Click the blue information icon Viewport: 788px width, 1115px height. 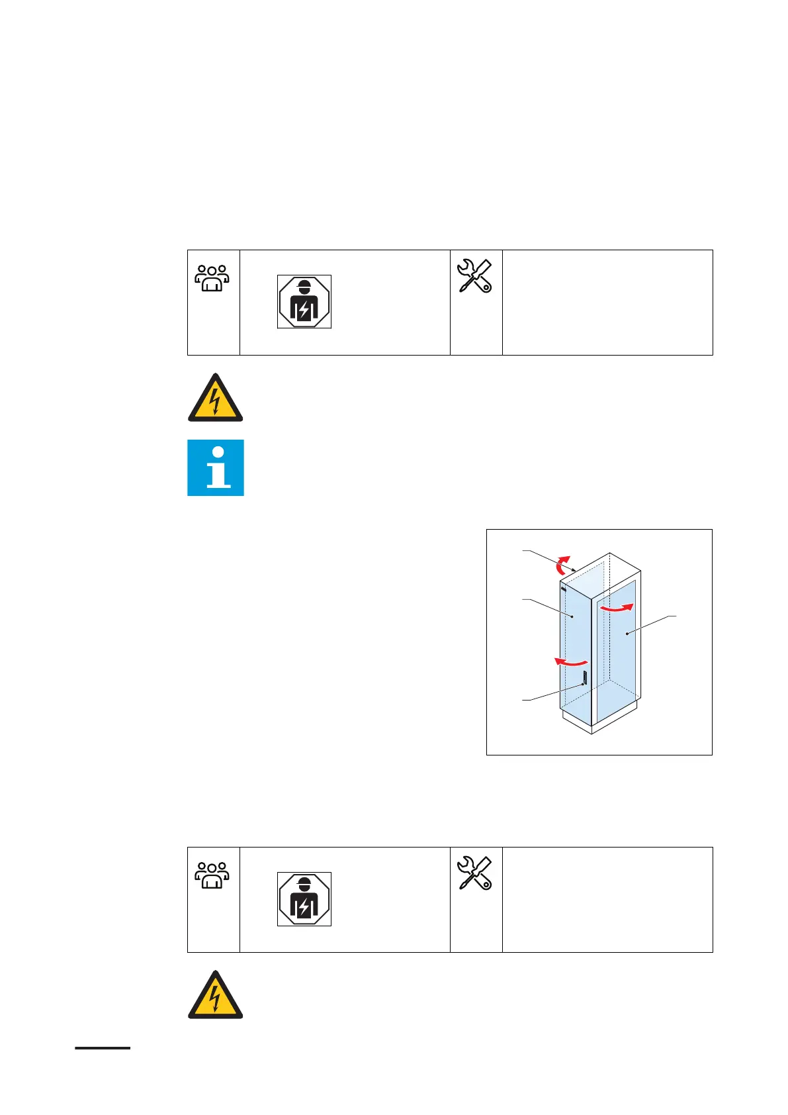216,467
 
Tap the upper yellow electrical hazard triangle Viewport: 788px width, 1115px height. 216,399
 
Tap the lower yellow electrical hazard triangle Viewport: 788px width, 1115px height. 216,996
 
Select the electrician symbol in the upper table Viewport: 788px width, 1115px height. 304,302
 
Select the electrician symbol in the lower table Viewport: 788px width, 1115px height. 304,899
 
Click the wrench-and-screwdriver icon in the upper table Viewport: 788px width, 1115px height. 475,276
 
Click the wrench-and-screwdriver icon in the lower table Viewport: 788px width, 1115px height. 475,873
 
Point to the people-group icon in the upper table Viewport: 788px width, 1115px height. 212,278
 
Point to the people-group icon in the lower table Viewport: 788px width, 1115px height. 212,875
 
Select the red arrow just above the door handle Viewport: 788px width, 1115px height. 570,661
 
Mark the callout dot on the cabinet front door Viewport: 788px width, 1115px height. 572,616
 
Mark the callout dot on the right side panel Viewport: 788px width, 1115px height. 627,634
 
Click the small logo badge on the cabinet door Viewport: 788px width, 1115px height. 563,589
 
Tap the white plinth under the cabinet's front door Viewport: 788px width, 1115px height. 576,720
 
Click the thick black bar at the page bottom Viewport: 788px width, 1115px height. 103,1048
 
